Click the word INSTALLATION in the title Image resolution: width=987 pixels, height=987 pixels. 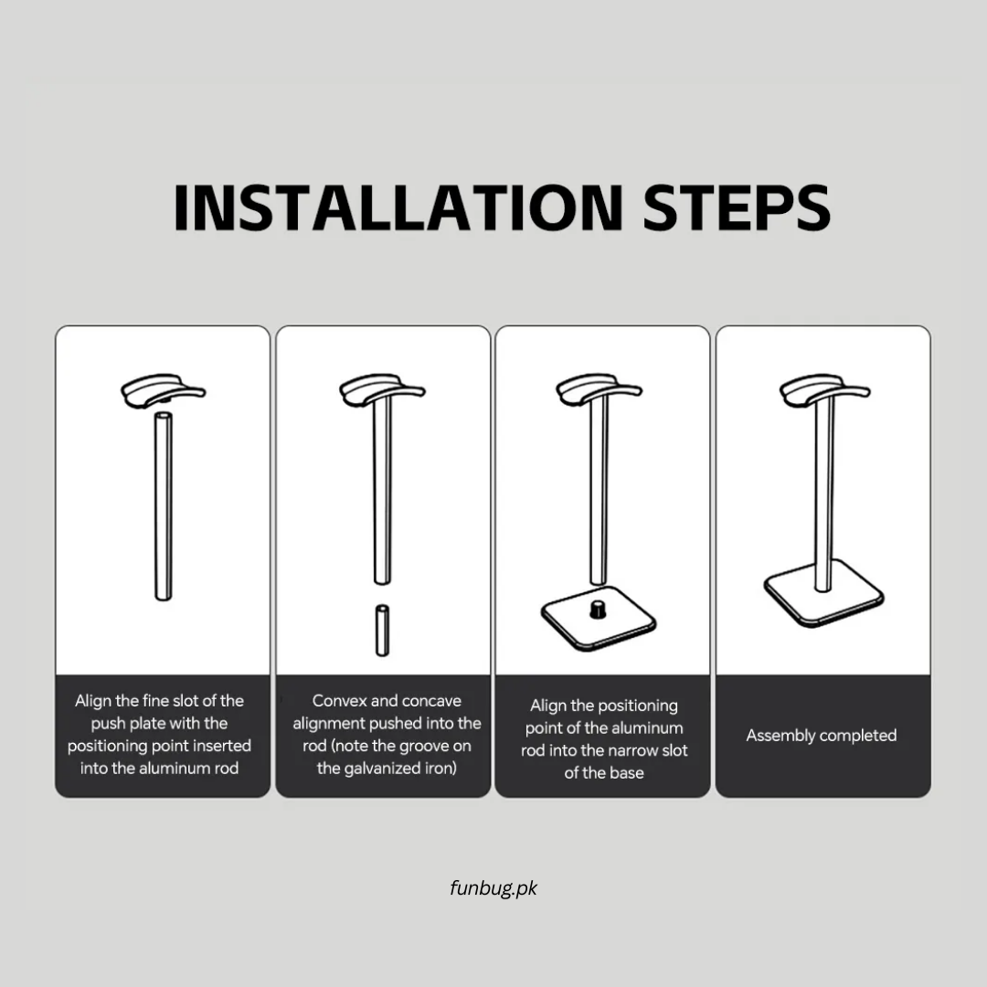(x=398, y=207)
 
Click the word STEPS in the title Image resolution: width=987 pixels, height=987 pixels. (x=737, y=207)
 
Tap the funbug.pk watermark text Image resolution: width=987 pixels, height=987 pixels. (x=493, y=888)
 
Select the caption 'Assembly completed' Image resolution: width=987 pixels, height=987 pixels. (x=822, y=735)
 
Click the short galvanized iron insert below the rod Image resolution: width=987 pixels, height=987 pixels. (x=382, y=631)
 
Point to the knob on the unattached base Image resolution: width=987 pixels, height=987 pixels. (x=598, y=609)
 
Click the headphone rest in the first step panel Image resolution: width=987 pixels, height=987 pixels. (x=163, y=391)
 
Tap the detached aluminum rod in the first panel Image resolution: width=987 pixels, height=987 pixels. (x=163, y=506)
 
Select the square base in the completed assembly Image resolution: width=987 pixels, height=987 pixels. (x=824, y=594)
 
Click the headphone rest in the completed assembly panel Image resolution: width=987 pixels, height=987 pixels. (x=824, y=391)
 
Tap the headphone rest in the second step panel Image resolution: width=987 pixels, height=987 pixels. (x=382, y=391)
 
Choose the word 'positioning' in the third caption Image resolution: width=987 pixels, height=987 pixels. (x=633, y=706)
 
